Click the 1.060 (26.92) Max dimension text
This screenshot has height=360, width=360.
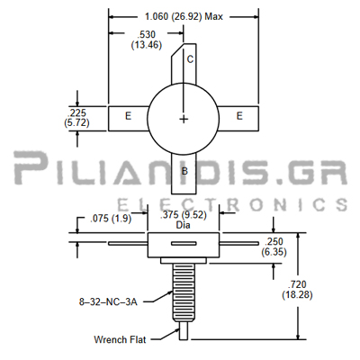tap(184, 16)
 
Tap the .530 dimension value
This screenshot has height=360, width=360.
tap(146, 34)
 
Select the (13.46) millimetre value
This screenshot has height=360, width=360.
tap(147, 45)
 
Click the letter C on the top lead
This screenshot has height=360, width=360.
tap(190, 59)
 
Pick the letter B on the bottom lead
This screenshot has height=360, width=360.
tap(184, 171)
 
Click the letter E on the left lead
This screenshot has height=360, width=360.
tap(128, 116)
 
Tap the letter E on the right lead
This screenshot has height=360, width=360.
tap(239, 116)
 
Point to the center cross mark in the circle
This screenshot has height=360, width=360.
tap(184, 120)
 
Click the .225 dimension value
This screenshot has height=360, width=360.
tap(76, 113)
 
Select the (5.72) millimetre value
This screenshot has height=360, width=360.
tap(76, 122)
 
